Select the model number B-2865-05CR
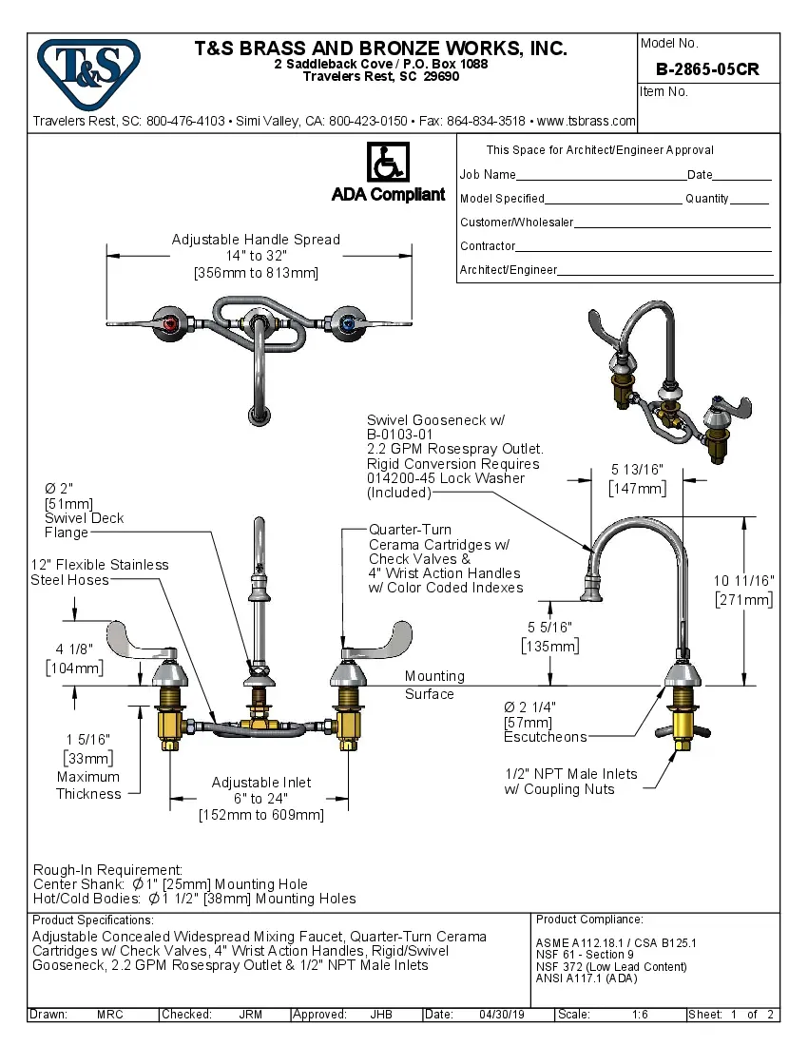(707, 69)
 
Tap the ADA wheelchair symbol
(387, 164)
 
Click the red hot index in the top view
(171, 325)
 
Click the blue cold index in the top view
(348, 325)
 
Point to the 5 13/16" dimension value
(637, 470)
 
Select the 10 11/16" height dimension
(745, 580)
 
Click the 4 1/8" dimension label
(74, 649)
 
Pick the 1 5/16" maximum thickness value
(87, 739)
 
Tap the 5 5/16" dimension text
(549, 628)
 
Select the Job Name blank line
(601, 177)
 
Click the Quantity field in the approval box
(749, 201)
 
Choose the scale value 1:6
(640, 1015)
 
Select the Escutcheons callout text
(545, 737)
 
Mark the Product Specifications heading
(92, 920)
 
